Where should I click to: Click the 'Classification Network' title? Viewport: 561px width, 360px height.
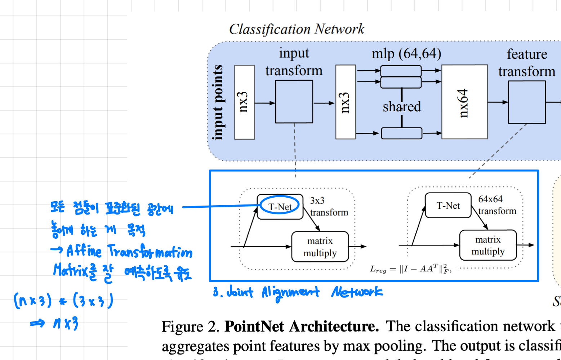tap(297, 29)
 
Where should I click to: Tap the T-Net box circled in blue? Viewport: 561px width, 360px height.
tap(280, 207)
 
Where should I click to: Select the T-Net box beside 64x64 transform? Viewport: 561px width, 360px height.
tap(448, 206)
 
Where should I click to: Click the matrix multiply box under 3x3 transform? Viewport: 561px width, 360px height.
tap(320, 247)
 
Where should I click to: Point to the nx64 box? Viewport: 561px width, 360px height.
tap(464, 102)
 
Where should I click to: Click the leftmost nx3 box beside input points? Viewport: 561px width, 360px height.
tap(244, 102)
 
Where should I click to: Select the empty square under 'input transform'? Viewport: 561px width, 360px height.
tap(294, 102)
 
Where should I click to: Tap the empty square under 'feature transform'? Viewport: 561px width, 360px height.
tap(527, 102)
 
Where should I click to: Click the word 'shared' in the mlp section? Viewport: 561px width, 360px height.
tap(401, 107)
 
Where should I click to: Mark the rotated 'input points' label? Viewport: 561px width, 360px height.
tap(218, 102)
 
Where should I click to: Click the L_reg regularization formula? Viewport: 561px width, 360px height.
tap(410, 269)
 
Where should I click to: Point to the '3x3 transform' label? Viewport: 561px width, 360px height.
tap(329, 207)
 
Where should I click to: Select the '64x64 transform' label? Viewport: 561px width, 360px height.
tap(497, 205)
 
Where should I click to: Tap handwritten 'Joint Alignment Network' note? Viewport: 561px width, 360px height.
tap(297, 292)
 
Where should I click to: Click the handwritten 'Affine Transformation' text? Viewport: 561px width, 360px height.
tap(129, 251)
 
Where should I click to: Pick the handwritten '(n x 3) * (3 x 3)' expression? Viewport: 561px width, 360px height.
tap(63, 301)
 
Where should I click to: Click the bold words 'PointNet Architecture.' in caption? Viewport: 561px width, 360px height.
tap(302, 327)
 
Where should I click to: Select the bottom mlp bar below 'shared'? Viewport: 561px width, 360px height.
tap(401, 133)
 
